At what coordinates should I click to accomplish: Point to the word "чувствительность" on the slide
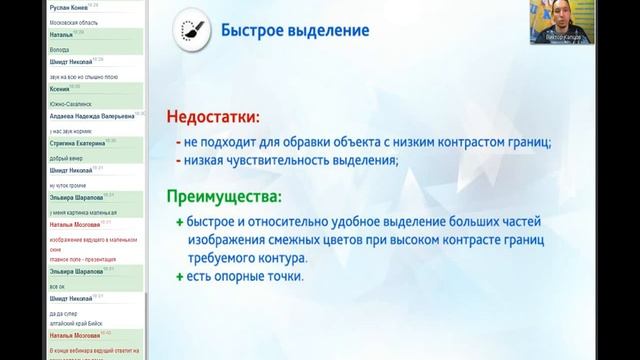tap(277, 160)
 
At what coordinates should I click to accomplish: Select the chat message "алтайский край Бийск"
tap(76, 324)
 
